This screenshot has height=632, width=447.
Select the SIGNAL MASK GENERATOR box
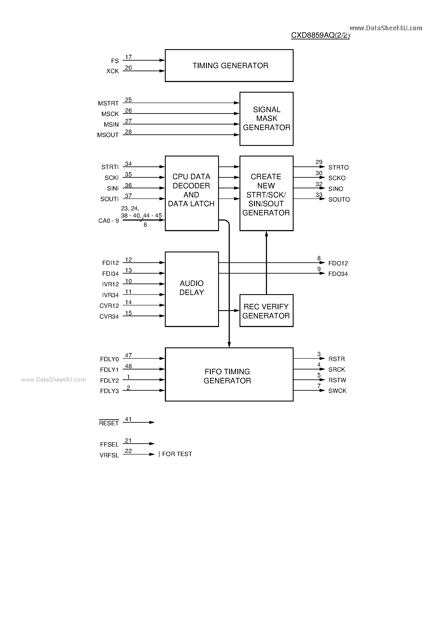click(266, 119)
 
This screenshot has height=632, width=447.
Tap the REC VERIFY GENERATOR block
click(266, 311)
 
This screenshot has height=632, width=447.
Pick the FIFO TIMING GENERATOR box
click(229, 374)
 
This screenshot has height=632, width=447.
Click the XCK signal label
click(113, 71)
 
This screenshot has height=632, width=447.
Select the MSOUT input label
click(108, 135)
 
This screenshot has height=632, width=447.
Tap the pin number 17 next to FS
click(128, 57)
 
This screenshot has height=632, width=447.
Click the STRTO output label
click(338, 167)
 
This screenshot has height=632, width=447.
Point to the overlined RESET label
click(109, 423)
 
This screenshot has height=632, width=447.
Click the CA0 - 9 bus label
click(108, 221)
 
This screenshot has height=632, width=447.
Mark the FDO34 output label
click(338, 274)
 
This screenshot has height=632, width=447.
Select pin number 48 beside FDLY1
click(128, 366)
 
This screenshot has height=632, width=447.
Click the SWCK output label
click(337, 391)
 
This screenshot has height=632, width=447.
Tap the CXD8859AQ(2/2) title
click(320, 35)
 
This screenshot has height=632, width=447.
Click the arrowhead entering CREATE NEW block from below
click(266, 234)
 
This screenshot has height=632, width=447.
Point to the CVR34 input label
click(109, 317)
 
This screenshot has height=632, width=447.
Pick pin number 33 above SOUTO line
click(319, 195)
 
